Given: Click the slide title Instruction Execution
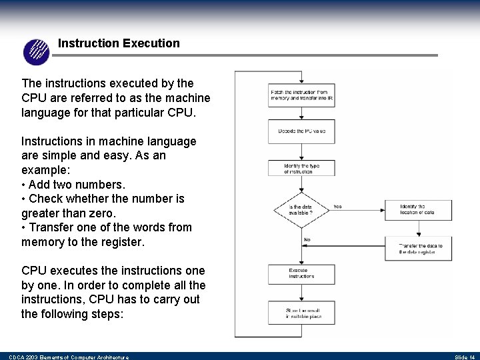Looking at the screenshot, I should click(x=119, y=43).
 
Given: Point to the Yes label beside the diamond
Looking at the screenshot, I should click(x=337, y=207).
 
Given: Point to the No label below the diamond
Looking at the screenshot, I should click(x=307, y=239).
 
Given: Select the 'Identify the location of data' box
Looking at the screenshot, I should click(x=417, y=209).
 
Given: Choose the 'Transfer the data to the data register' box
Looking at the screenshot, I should click(x=417, y=249).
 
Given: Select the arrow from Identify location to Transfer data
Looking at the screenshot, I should click(x=417, y=229).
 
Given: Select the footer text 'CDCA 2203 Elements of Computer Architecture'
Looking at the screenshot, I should click(x=69, y=357).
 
